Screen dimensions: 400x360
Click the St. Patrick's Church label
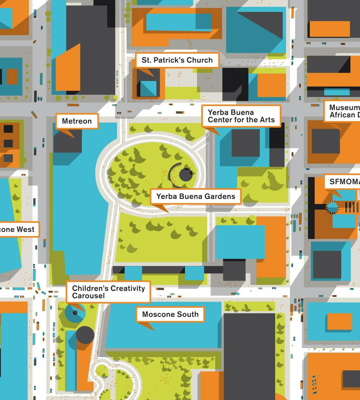177,60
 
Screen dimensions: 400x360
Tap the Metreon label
77,121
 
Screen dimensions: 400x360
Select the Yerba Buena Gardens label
195,196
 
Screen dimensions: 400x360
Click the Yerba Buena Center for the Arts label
241,116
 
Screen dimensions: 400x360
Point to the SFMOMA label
344,182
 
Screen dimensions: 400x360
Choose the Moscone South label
170,314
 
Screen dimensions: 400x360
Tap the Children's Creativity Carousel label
108,292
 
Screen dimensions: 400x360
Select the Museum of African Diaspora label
344,111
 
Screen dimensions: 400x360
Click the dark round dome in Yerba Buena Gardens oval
186,175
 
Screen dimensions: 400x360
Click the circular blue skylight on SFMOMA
332,207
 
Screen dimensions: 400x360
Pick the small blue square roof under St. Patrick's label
148,89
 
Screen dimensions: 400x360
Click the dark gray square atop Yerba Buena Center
245,143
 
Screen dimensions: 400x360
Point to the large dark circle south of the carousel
85,335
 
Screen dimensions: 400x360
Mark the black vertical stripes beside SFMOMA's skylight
352,207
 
